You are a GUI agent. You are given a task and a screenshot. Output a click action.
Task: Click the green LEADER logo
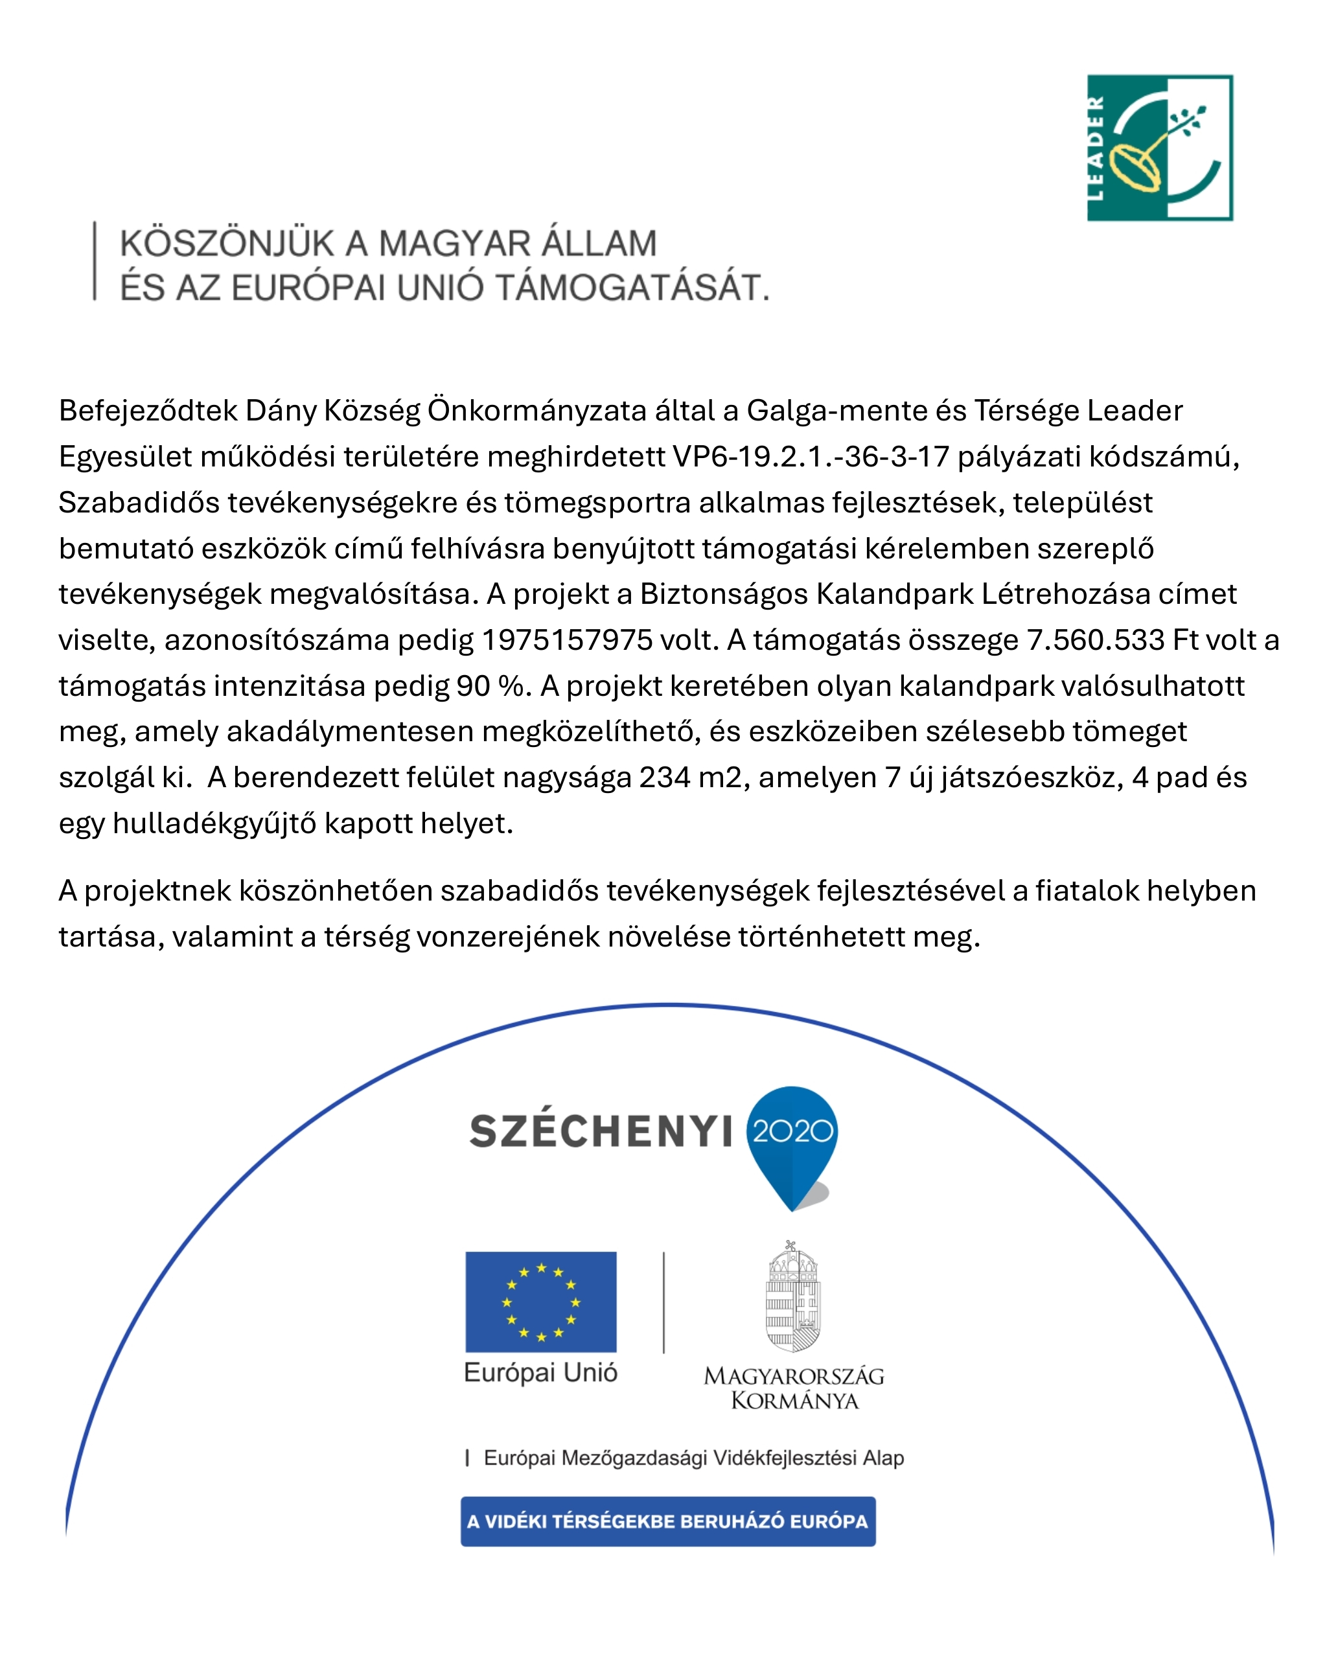pos(1159,148)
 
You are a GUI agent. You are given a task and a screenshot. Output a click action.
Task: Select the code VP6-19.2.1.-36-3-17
pos(811,457)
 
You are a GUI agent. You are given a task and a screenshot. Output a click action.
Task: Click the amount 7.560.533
pos(1094,640)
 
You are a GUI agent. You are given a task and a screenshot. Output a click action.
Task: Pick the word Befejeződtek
pos(148,411)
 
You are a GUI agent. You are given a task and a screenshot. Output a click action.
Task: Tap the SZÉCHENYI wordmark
pos(601,1132)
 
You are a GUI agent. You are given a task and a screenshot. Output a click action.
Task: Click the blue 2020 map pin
pos(792,1140)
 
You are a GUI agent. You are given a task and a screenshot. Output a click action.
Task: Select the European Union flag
pos(540,1302)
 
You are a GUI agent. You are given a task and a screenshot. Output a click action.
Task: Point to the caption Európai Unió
pos(540,1372)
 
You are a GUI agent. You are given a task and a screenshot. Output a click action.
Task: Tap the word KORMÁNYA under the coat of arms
pos(794,1400)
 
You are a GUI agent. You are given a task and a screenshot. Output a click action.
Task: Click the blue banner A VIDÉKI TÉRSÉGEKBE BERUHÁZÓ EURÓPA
pos(667,1521)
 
